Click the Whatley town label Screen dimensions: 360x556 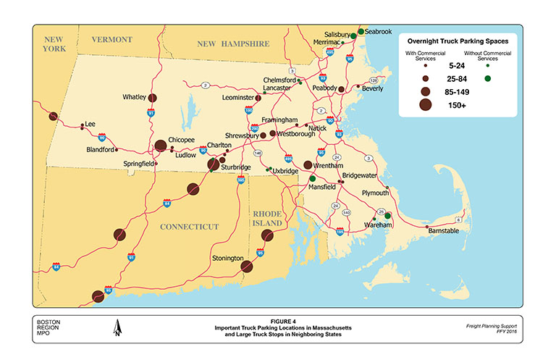[x=135, y=96]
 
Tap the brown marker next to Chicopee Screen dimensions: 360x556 [x=161, y=146]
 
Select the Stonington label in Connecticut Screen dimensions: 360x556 [x=227, y=258]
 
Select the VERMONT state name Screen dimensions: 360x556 [x=111, y=38]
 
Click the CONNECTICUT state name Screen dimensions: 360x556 [x=189, y=227]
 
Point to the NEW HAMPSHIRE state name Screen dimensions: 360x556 [x=234, y=44]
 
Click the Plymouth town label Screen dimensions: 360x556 [x=376, y=193]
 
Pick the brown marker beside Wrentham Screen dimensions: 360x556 [x=308, y=166]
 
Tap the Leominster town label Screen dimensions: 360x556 [x=238, y=96]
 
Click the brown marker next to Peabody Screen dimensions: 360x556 [x=341, y=89]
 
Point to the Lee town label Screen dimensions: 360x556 [x=90, y=124]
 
